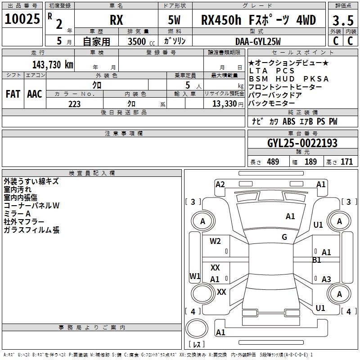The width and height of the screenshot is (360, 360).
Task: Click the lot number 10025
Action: (x=22, y=19)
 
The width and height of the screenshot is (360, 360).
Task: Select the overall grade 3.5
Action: (x=343, y=21)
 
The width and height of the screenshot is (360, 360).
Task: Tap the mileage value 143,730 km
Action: (x=53, y=65)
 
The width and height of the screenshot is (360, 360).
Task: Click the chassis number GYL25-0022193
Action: (x=302, y=143)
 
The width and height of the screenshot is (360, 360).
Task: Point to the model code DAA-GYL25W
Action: (x=258, y=41)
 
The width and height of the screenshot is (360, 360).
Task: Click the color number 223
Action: (x=74, y=104)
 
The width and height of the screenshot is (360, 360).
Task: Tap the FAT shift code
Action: (x=13, y=94)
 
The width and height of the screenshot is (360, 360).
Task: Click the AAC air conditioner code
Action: (x=35, y=94)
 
